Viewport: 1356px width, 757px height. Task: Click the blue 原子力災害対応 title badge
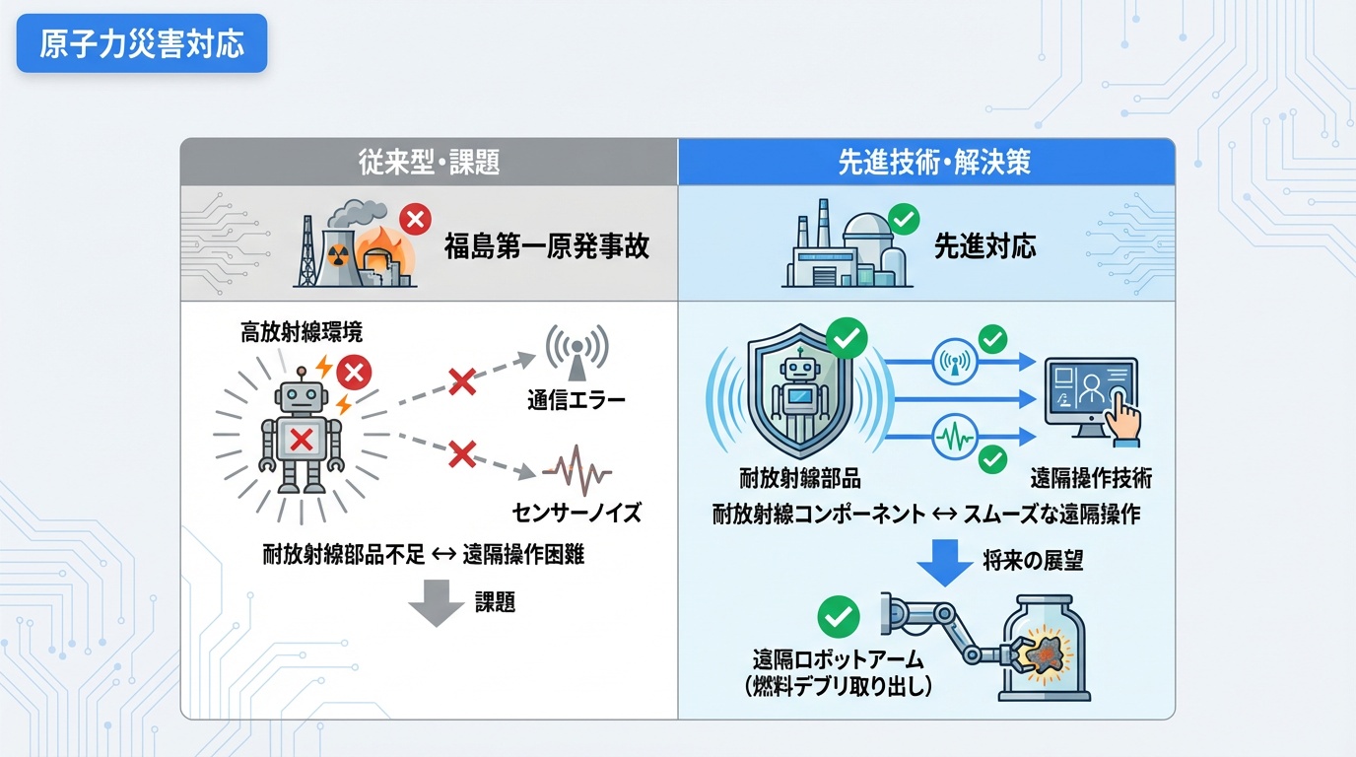point(142,43)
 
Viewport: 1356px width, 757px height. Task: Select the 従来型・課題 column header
point(429,162)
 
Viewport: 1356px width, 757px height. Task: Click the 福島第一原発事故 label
point(546,245)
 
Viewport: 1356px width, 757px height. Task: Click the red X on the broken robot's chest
point(301,438)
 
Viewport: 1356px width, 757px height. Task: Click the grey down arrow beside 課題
point(436,603)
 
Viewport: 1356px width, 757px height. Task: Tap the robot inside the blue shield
point(798,395)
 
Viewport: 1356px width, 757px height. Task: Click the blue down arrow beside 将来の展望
point(944,562)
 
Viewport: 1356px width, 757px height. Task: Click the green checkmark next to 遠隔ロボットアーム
point(839,617)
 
